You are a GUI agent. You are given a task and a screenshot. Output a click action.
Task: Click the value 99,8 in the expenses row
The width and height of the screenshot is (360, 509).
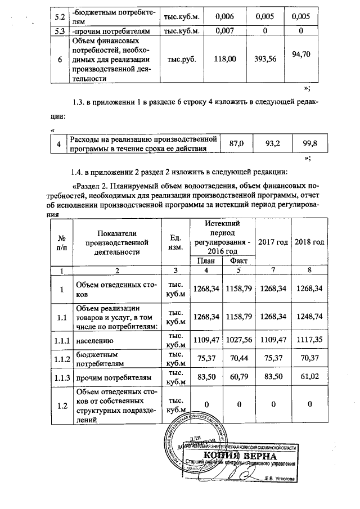[310, 143]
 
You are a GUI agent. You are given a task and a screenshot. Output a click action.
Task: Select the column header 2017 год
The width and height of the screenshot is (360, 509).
[273, 242]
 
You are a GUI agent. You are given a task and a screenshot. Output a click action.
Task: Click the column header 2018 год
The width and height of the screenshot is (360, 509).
[310, 242]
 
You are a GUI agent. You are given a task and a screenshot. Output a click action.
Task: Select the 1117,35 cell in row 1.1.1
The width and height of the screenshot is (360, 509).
[310, 340]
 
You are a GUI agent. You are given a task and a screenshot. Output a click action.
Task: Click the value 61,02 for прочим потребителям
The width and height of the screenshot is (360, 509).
[310, 380]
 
